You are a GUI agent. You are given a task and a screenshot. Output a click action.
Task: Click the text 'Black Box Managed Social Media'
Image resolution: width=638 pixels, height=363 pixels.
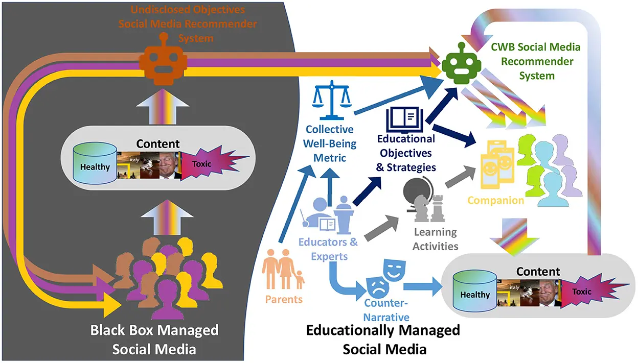(x=154, y=339)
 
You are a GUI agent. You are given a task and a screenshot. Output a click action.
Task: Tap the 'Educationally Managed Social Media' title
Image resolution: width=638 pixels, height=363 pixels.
(x=383, y=340)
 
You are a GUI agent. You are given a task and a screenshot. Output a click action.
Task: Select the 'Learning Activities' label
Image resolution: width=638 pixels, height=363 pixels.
(x=436, y=239)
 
